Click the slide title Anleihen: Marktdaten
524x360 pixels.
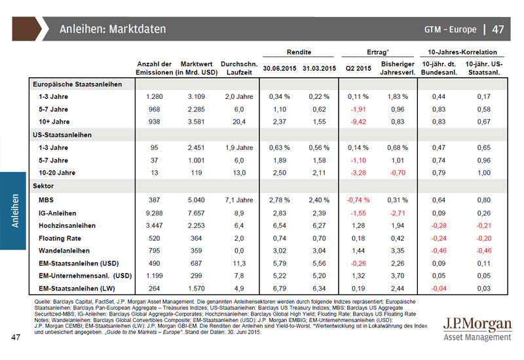click(113, 29)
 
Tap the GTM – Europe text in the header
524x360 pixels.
click(451, 29)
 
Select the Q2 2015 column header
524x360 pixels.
click(358, 67)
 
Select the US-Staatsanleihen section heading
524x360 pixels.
click(62, 134)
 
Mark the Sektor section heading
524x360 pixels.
click(44, 187)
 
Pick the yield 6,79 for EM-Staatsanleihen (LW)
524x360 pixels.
click(280, 288)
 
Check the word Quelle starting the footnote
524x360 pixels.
click(43, 300)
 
